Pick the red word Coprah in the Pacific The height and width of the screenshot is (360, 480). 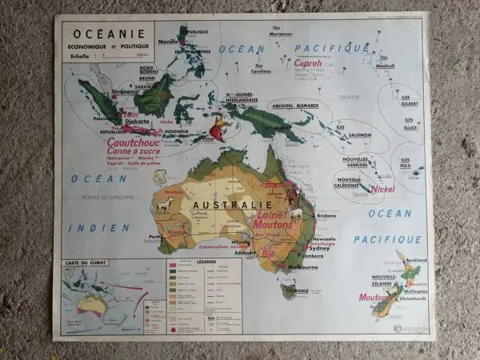point(308,62)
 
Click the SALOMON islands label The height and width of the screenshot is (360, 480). point(359,134)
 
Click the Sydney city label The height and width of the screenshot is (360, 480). point(318,248)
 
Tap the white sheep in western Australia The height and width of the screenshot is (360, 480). point(165,206)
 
